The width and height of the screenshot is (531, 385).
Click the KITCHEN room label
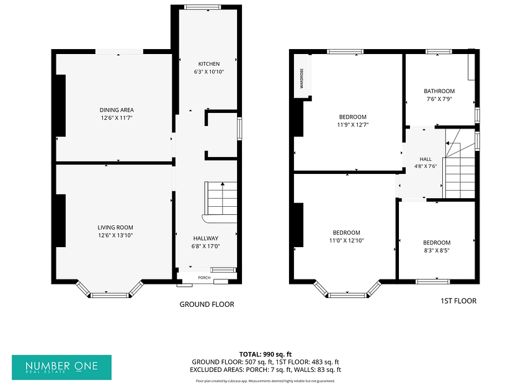(209, 64)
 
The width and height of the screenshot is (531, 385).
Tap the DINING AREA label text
(117, 110)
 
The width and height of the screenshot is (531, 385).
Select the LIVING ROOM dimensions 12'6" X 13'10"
(115, 235)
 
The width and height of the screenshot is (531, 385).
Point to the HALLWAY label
(206, 238)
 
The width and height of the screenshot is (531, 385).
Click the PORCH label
(204, 278)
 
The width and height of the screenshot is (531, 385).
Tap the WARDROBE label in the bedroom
(301, 78)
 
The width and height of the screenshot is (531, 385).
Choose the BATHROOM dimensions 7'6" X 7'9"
(439, 99)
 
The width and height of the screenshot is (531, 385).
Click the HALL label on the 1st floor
(426, 159)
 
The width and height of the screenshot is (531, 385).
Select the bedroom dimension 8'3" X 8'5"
(437, 250)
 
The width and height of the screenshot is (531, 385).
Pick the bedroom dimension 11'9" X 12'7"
(353, 125)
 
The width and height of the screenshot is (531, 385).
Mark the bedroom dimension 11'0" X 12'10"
(346, 241)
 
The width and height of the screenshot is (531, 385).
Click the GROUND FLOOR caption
(207, 304)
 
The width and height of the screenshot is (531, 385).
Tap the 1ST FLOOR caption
(458, 301)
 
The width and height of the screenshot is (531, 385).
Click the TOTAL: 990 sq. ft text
(265, 355)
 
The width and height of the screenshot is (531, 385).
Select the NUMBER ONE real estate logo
(61, 368)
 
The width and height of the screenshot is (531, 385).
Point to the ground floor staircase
(220, 202)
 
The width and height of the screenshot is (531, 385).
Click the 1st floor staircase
(460, 163)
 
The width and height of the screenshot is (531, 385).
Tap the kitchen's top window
(203, 7)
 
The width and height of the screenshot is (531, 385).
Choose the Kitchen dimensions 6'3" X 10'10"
(209, 72)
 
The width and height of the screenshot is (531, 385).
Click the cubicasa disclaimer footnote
(265, 381)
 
